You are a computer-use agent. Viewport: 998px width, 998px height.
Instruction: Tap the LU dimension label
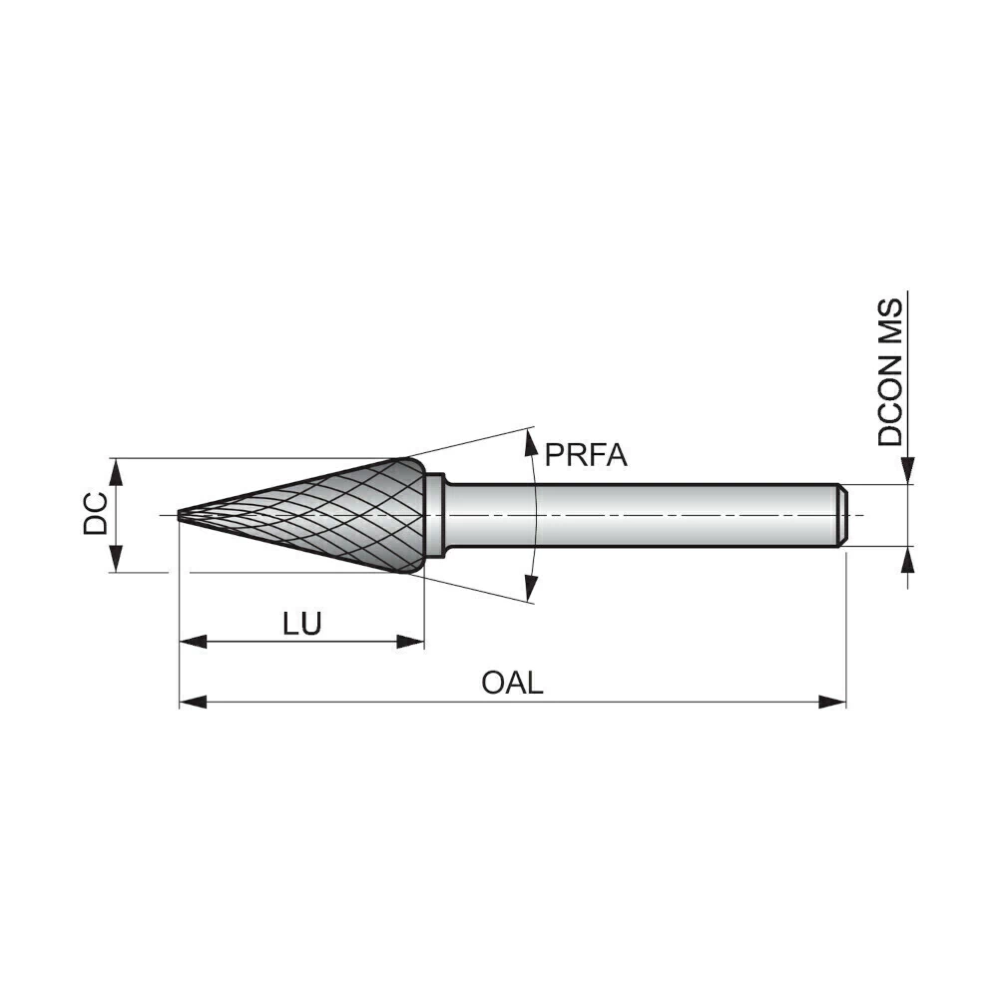(x=302, y=624)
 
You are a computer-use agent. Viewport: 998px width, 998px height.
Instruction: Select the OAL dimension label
(x=512, y=683)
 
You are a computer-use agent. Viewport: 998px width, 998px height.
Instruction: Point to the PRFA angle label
(x=586, y=455)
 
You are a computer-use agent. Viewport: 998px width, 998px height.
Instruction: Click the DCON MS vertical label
(x=890, y=372)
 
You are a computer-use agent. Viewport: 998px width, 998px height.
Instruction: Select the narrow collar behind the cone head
(x=435, y=515)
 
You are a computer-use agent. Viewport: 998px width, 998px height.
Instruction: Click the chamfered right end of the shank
(x=841, y=515)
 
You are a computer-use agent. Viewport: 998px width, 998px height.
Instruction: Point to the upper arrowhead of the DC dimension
(x=115, y=472)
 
